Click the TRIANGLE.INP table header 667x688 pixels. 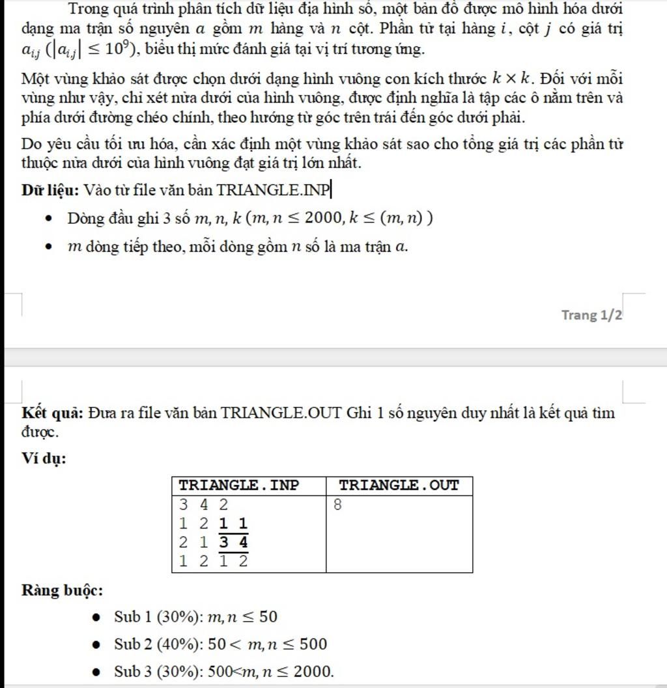(238, 485)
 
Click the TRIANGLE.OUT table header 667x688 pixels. (399, 485)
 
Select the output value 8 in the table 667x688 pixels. (337, 504)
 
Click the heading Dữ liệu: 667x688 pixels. (50, 190)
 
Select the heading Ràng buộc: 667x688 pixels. (62, 590)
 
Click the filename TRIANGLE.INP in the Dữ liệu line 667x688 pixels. (273, 190)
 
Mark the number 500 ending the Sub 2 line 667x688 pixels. (313, 644)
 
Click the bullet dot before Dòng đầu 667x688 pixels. (48, 219)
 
